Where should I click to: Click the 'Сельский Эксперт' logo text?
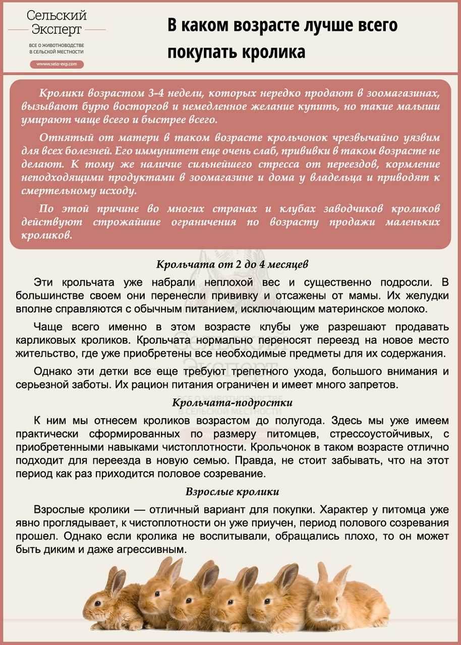pyautogui.click(x=56, y=23)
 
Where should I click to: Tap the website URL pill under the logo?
pyautogui.click(x=56, y=64)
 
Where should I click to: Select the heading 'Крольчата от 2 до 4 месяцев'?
pyautogui.click(x=232, y=264)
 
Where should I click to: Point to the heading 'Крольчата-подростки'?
pyautogui.click(x=232, y=403)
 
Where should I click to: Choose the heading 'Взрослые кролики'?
pyautogui.click(x=232, y=491)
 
